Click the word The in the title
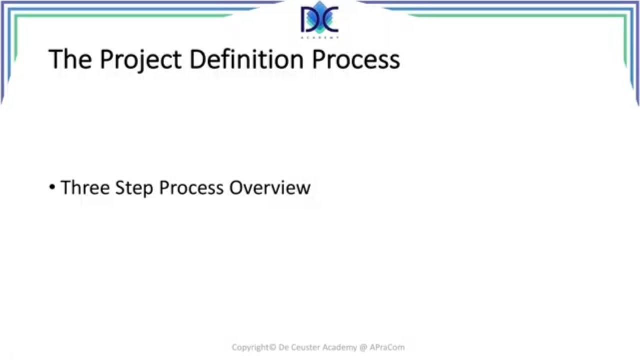70,59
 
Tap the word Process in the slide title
356,59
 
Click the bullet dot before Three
52,188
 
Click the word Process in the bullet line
191,188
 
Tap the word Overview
270,188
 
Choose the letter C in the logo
330,20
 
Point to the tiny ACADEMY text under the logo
320,37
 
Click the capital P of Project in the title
106,59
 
